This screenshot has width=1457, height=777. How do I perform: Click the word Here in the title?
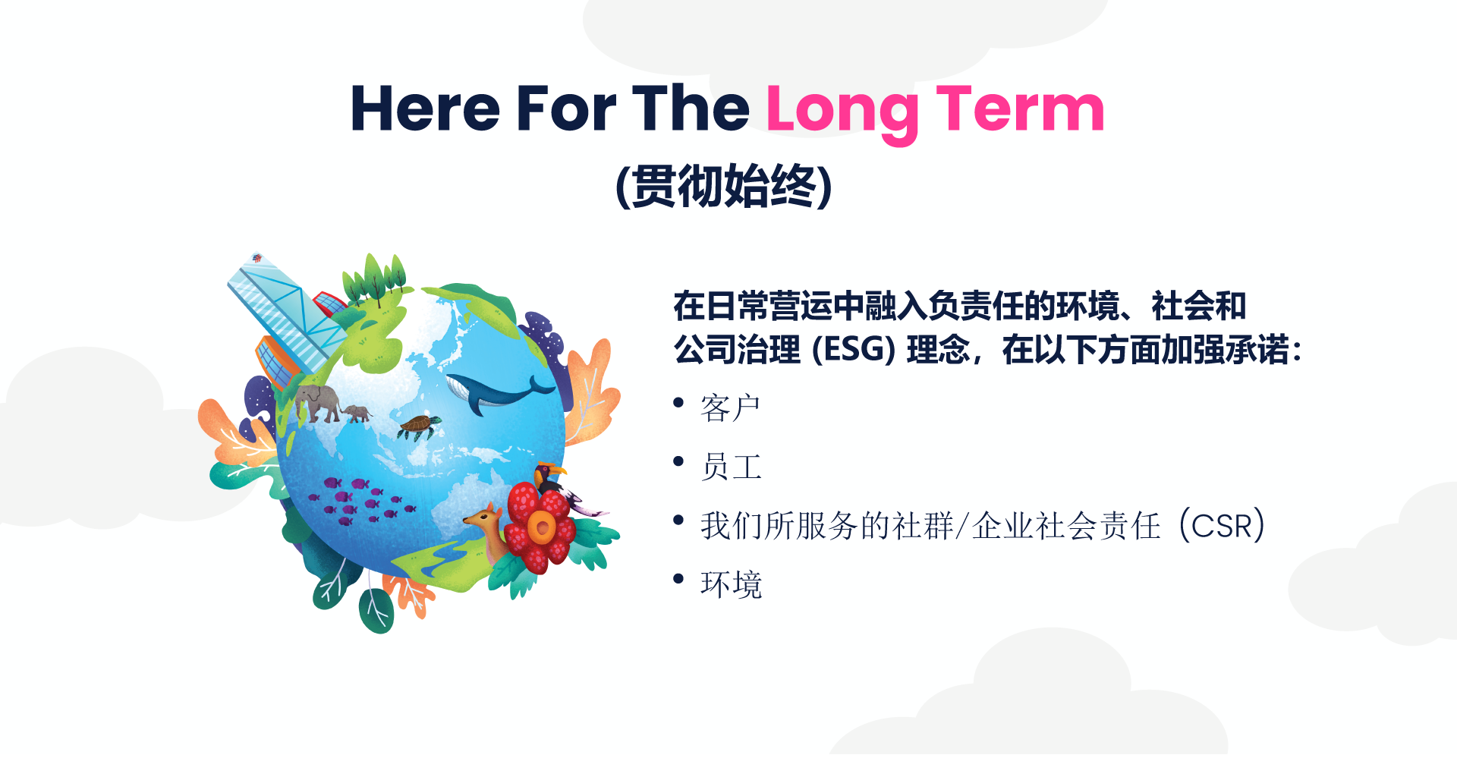point(426,109)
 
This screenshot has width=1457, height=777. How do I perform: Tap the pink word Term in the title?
point(1020,109)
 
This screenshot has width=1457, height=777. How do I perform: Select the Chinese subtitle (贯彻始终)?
point(724,186)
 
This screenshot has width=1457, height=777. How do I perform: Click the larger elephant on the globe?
point(318,401)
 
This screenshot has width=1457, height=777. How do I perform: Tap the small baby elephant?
point(357,414)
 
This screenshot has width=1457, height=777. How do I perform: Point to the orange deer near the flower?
point(489,532)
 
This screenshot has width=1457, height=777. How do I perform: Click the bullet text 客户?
point(730,408)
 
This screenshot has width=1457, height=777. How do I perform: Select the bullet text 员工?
point(731,467)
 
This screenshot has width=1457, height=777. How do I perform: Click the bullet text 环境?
point(731,584)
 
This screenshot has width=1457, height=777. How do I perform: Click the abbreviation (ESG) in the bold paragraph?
point(854,350)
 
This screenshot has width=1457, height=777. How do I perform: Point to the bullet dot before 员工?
point(678,461)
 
